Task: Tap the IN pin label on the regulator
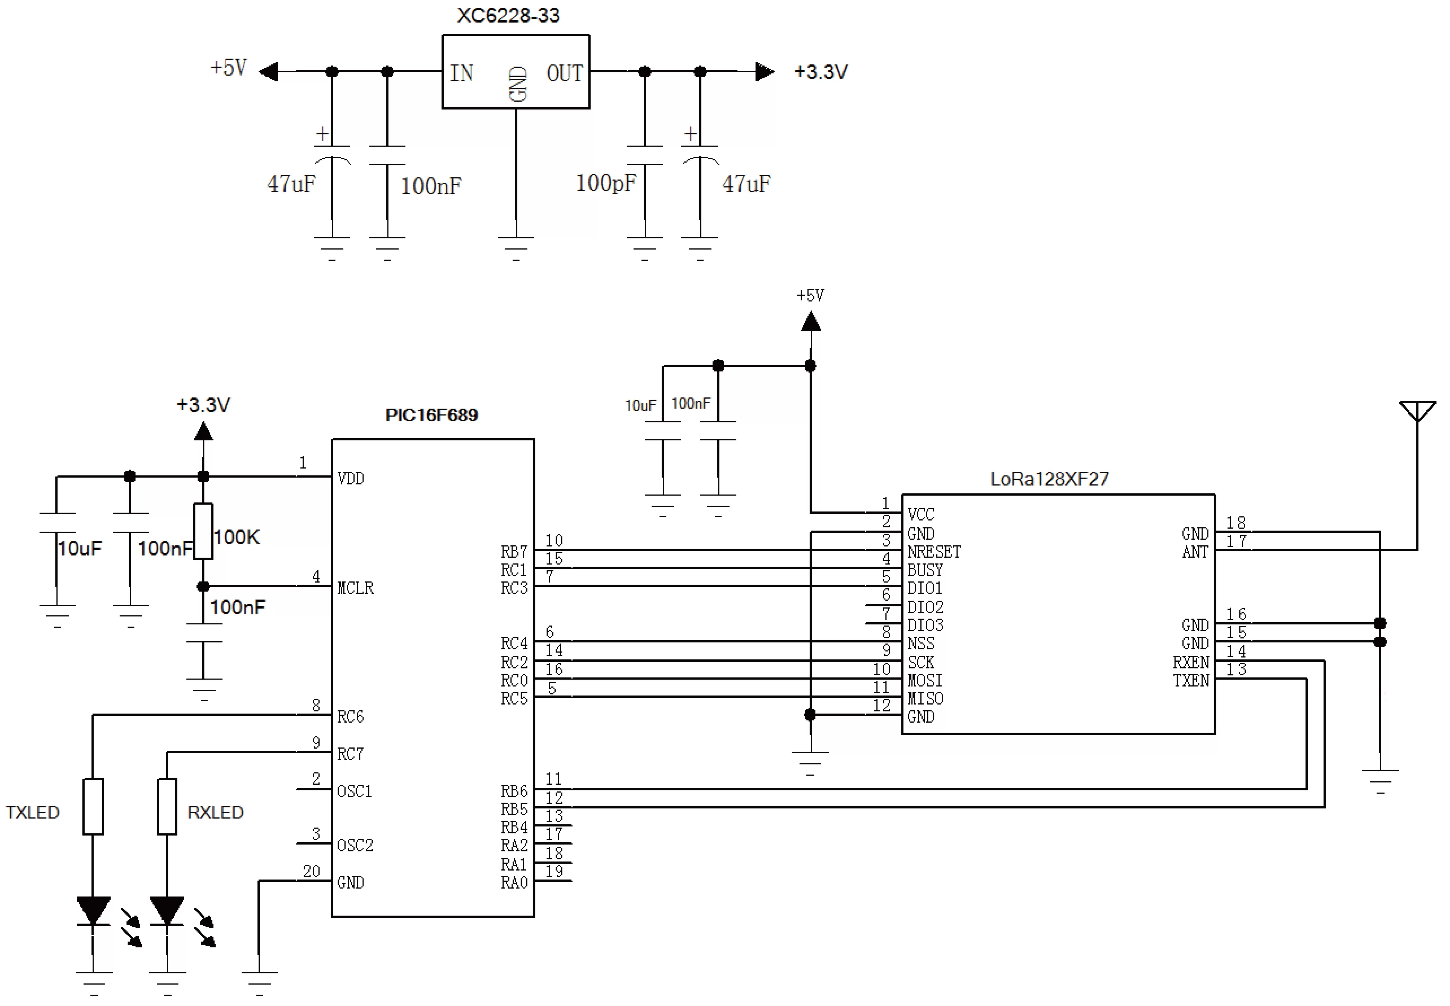click(462, 73)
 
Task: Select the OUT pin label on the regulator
click(564, 73)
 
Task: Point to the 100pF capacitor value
click(605, 183)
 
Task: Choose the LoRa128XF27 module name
click(1049, 479)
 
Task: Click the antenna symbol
click(1417, 411)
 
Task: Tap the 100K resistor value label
click(236, 537)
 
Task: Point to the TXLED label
click(33, 813)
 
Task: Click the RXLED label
click(215, 813)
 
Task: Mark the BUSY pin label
click(925, 570)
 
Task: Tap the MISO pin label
click(925, 698)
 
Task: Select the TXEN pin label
click(1191, 681)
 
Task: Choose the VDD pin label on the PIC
click(350, 478)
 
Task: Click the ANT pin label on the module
click(1195, 552)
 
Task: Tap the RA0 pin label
click(514, 882)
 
